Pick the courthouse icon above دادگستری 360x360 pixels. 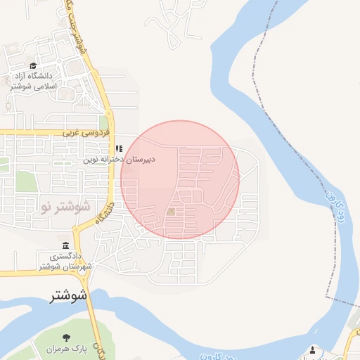[65, 245]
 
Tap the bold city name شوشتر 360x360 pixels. [69, 296]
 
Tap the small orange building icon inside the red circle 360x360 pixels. [172, 211]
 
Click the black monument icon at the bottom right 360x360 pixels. [313, 349]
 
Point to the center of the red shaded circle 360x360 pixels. [180, 179]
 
